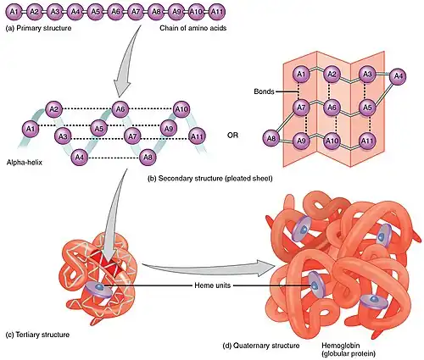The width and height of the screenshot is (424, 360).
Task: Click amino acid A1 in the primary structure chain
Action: [14, 12]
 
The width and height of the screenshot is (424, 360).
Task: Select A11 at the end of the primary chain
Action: [217, 12]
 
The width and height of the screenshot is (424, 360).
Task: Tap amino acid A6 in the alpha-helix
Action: [120, 108]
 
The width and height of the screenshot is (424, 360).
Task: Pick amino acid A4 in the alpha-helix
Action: [80, 157]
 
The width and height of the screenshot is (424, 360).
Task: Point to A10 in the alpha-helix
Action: [181, 108]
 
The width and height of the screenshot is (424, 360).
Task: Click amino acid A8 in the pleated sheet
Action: [271, 138]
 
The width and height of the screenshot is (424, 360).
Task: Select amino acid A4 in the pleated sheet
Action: [398, 76]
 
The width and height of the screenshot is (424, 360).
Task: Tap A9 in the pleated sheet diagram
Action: [301, 141]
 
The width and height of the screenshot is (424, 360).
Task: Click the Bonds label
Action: [264, 91]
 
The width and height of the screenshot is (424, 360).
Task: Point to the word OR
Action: [232, 136]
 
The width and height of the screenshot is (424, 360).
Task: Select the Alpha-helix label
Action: [25, 163]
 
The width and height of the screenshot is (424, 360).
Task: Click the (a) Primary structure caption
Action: [38, 28]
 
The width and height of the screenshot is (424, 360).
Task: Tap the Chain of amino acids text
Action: [193, 28]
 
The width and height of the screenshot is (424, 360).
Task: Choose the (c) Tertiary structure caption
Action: [37, 335]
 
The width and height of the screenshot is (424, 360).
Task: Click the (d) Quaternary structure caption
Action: [261, 346]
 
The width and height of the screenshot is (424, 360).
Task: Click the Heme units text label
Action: [213, 285]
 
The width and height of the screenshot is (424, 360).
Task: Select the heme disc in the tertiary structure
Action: [99, 289]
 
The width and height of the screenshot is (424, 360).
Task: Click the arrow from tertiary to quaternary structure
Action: [209, 269]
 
